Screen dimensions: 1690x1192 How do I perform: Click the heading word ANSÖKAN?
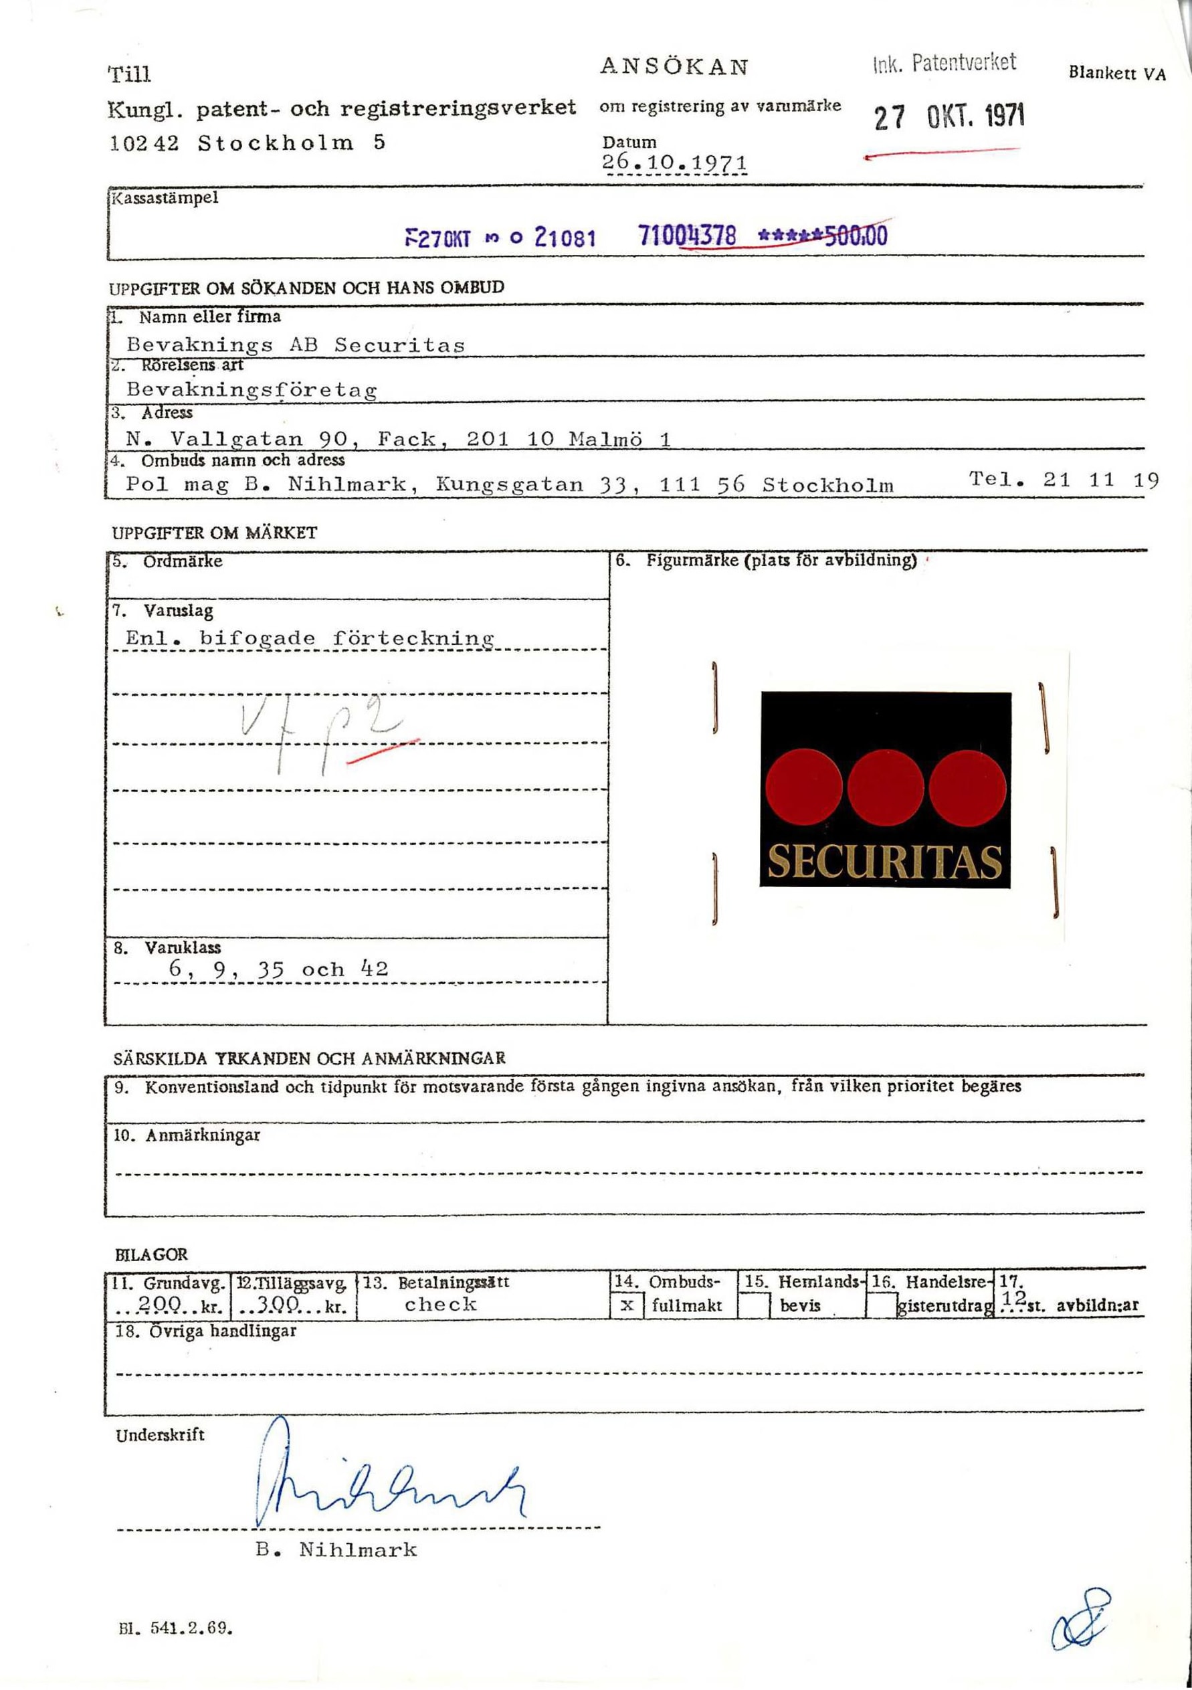674,67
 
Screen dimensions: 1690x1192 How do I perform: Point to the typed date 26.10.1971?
674,163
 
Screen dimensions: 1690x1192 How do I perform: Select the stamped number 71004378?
687,236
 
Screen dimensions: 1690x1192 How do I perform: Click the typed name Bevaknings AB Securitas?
296,345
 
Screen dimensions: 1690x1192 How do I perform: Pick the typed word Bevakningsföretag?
252,389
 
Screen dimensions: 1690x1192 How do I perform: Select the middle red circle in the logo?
885,787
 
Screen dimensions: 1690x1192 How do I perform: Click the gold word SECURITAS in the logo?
884,861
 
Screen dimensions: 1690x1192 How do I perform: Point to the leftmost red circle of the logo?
803,787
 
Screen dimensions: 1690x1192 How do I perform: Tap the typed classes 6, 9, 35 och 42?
278,969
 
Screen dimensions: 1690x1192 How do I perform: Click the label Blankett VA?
1116,73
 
